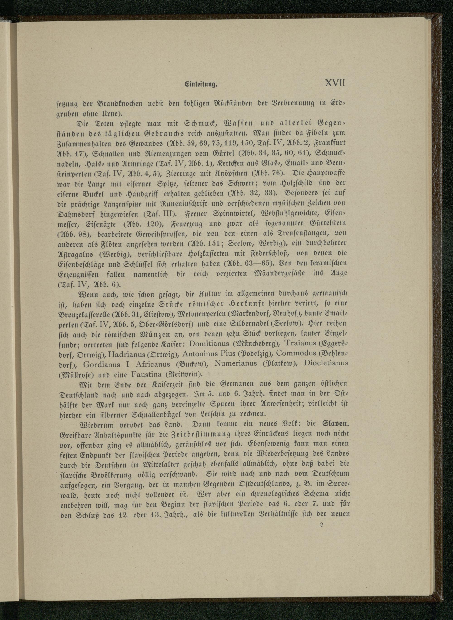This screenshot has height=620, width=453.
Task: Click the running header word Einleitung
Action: (201, 85)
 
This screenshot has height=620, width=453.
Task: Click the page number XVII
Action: (335, 83)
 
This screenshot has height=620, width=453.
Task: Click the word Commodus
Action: (297, 353)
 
